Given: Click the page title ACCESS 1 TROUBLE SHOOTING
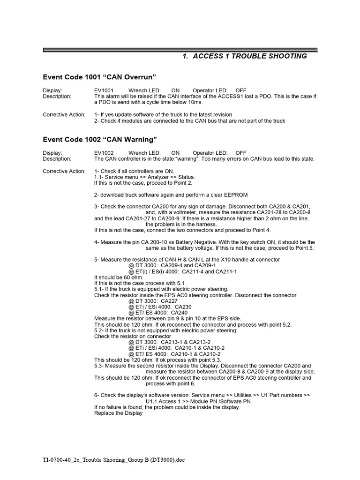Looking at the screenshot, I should click(244, 56).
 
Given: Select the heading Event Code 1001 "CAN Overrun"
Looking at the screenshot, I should click(99, 77).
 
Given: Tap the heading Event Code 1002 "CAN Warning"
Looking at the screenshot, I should click(100, 140).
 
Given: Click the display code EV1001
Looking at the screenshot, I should click(104, 90).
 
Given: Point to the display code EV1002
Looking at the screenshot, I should click(104, 153).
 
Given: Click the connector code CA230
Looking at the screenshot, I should click(182, 307).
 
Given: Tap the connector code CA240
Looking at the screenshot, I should click(179, 313).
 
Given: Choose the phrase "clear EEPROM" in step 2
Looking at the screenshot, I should click(231, 195).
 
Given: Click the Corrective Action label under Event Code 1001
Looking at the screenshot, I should click(64, 115).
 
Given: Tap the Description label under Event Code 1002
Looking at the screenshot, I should click(57, 159).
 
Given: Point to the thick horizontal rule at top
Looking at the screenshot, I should click(180, 50).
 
